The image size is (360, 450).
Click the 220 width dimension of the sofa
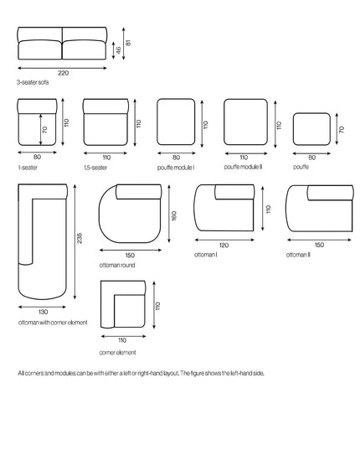64,73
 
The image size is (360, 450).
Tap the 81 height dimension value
128,43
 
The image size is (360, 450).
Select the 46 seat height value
118,50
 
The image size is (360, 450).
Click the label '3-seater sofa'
33,82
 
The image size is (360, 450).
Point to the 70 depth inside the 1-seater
44,130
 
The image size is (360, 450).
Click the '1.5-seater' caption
95,168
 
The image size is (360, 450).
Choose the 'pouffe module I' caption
176,168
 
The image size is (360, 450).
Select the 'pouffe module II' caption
243,167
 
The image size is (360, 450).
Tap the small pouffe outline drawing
311,129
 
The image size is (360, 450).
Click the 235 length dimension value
80,238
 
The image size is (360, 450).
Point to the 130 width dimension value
43,312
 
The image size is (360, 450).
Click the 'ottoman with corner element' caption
53,323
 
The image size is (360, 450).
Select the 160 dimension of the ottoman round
173,216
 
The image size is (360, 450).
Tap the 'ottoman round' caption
117,265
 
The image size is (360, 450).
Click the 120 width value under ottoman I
224,245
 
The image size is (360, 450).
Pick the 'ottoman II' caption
298,255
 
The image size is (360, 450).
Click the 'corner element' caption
117,353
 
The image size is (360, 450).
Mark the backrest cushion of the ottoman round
139,192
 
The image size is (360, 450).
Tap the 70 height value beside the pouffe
341,130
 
